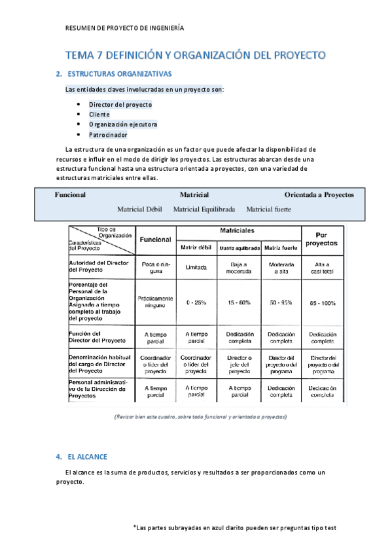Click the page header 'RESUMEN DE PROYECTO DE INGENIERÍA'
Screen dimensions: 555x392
125,28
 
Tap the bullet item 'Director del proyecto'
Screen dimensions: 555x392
120,104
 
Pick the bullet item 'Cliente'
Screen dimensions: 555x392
99,115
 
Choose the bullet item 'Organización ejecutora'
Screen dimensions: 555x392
123,124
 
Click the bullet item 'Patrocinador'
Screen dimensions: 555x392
108,135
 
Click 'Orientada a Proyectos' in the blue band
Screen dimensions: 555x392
319,195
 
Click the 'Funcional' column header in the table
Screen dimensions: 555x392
155,240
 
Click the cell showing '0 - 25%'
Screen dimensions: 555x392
196,303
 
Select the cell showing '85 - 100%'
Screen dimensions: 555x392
321,303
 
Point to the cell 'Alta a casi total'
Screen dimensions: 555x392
321,267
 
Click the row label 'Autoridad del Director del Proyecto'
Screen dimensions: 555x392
98,266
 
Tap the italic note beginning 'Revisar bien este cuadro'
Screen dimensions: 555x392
200,417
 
